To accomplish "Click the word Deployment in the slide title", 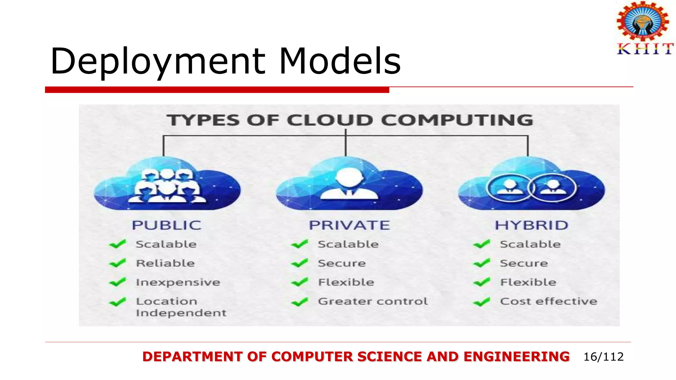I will tap(158, 61).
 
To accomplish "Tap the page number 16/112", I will tap(603, 357).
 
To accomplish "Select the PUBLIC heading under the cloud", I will tap(167, 225).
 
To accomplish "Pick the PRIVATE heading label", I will tap(349, 225).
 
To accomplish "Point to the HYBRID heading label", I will tap(531, 225).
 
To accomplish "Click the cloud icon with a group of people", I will tap(167, 185).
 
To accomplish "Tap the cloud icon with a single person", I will tap(349, 185).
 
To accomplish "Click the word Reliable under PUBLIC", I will tap(165, 263).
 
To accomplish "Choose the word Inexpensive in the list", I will tap(178, 282).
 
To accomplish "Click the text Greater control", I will tap(373, 301).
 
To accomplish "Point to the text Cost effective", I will tap(549, 301).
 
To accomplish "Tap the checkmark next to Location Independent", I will tap(118, 302).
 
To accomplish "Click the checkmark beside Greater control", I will tap(299, 302).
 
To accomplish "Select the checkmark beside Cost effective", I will tap(482, 302).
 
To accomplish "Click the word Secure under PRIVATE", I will tap(342, 263).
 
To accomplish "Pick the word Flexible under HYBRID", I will tap(528, 282).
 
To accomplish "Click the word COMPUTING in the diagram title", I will tap(457, 120).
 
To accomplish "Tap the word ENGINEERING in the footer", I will tap(516, 357).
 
